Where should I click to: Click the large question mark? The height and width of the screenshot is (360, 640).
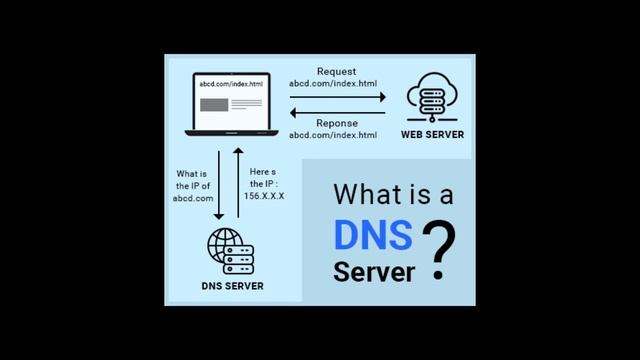pyautogui.click(x=439, y=250)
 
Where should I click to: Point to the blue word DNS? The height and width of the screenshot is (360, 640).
pyautogui.click(x=372, y=235)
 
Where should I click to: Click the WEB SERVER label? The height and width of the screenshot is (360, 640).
pyautogui.click(x=433, y=134)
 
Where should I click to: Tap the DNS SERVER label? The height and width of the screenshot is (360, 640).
pyautogui.click(x=233, y=286)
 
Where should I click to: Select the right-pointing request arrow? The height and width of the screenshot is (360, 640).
pyautogui.click(x=336, y=97)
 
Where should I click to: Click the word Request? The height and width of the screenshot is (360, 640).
pyautogui.click(x=336, y=72)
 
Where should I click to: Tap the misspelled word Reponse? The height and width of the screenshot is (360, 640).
pyautogui.click(x=337, y=123)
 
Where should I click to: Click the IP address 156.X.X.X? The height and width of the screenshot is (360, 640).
pyautogui.click(x=264, y=196)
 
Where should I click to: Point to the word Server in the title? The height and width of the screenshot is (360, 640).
pyautogui.click(x=373, y=271)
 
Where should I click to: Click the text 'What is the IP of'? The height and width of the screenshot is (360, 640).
pyautogui.click(x=193, y=179)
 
